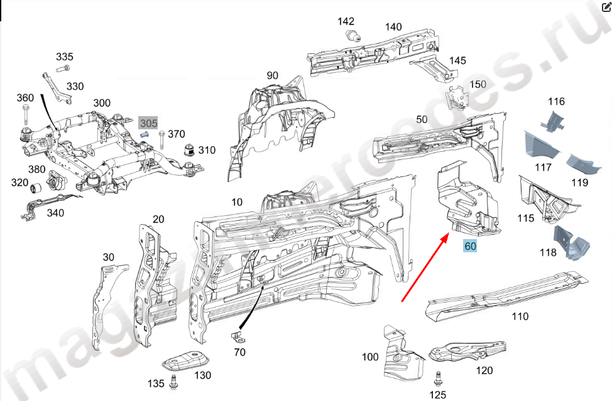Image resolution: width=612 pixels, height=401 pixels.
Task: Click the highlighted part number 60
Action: [470, 247]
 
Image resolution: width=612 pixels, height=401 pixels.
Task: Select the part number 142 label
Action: [346, 21]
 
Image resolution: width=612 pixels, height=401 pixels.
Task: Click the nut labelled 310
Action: [187, 151]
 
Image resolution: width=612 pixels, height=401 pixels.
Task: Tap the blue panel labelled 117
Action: [541, 145]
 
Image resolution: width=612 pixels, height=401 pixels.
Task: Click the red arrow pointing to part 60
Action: [425, 266]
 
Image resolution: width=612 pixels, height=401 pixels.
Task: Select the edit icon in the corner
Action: [606, 7]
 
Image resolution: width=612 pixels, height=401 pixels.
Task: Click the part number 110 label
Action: [520, 316]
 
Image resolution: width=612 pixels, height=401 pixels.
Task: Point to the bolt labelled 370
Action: [162, 139]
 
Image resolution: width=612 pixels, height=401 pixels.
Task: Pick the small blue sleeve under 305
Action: [143, 135]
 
